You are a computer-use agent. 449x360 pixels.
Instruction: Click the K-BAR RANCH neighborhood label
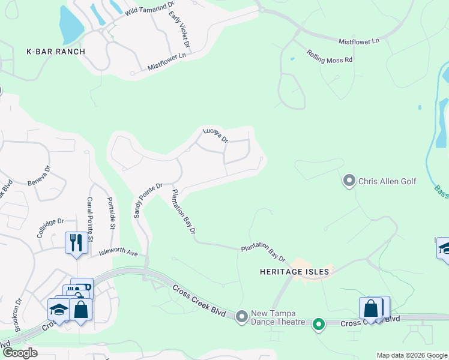click(56, 52)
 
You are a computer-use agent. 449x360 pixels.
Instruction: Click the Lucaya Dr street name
click(215, 134)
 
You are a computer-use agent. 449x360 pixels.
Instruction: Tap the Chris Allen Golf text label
click(387, 181)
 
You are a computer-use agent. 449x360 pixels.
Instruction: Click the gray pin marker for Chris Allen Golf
click(349, 180)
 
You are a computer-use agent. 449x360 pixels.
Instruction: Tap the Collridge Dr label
click(50, 227)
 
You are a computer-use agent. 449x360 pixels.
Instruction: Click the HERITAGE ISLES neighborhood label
click(294, 272)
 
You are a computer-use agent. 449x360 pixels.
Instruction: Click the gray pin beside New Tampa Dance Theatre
click(242, 316)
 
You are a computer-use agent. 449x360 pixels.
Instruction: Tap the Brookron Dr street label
click(18, 316)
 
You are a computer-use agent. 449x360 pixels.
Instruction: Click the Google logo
click(20, 353)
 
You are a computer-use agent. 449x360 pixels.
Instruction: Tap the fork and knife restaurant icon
click(76, 243)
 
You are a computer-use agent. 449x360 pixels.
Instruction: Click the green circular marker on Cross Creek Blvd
click(319, 325)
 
